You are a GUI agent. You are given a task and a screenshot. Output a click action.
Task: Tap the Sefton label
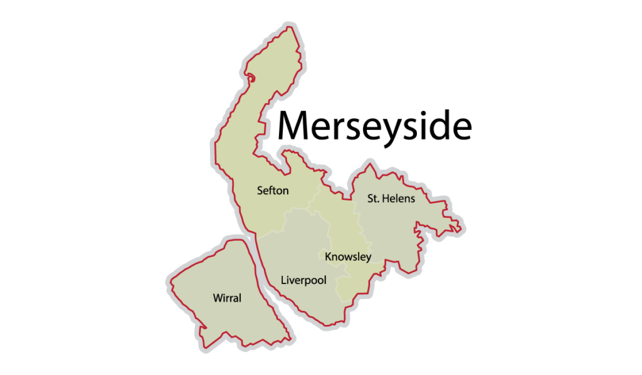273,191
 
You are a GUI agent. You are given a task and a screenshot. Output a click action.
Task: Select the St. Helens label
391,199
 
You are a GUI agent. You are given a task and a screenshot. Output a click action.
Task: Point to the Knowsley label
348,256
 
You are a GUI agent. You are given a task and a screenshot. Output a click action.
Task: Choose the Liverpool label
304,280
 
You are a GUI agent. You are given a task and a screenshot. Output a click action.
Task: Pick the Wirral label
227,298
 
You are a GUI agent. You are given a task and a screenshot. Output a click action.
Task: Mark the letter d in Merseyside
439,125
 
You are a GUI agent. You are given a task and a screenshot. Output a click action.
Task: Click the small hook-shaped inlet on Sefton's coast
251,78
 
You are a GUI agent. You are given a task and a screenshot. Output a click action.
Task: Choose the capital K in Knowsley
328,256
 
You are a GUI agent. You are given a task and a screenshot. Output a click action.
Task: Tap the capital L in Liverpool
284,280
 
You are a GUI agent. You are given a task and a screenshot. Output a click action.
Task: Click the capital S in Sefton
260,191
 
